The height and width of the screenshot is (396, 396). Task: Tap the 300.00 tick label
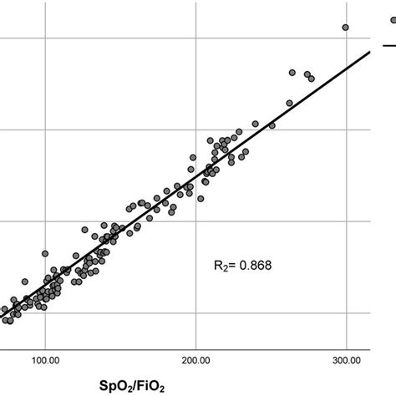click(346, 359)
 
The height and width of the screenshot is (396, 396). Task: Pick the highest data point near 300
click(345, 28)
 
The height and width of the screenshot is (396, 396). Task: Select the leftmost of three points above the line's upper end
click(292, 72)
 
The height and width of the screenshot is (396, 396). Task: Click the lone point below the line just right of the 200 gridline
click(201, 198)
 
